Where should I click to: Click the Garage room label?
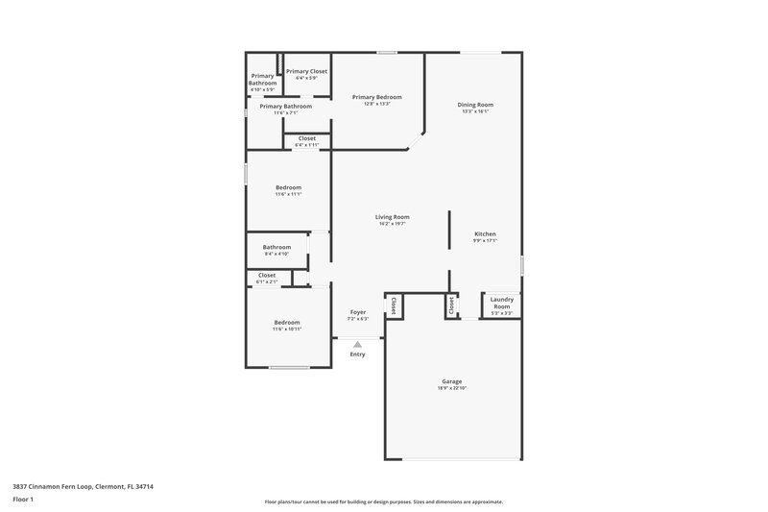pyautogui.click(x=452, y=381)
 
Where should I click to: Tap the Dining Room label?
pyautogui.click(x=476, y=105)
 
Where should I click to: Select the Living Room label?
pyautogui.click(x=392, y=217)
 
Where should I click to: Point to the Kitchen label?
pyautogui.click(x=486, y=234)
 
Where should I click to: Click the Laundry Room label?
pyautogui.click(x=502, y=304)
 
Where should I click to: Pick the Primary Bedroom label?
pyautogui.click(x=376, y=97)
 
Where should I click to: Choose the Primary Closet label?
pyautogui.click(x=306, y=71)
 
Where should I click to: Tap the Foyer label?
pyautogui.click(x=357, y=312)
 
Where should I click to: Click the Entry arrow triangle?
pyautogui.click(x=357, y=344)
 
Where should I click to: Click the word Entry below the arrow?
pyautogui.click(x=357, y=354)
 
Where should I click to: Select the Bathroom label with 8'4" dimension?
pyautogui.click(x=276, y=247)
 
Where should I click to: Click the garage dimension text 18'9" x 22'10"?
pyautogui.click(x=452, y=388)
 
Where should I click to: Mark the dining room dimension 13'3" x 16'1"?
pyautogui.click(x=476, y=111)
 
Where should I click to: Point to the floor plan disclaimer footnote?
pyautogui.click(x=384, y=501)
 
